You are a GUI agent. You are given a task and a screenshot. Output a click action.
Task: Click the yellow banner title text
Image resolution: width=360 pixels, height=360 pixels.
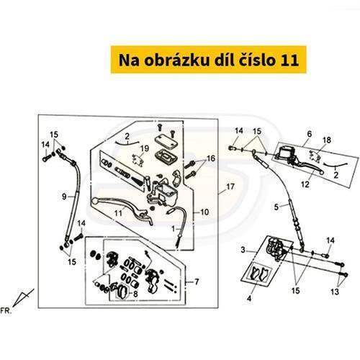tap(209, 60)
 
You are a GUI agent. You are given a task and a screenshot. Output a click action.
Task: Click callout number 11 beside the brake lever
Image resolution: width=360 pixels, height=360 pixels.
tap(118, 213)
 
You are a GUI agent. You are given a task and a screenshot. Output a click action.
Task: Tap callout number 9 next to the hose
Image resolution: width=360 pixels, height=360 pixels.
tap(64, 197)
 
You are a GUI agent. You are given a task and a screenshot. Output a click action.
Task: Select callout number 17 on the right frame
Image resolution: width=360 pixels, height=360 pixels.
tap(230, 186)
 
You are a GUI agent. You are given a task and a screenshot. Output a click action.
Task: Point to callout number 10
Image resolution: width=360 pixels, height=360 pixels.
tap(204, 212)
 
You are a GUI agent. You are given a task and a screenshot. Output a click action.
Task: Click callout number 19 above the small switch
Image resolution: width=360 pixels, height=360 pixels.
tap(145, 149)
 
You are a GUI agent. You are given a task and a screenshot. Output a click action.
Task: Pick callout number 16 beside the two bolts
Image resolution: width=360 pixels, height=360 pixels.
tap(211, 158)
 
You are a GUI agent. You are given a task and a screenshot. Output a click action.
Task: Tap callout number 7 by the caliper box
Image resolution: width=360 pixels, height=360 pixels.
tap(197, 282)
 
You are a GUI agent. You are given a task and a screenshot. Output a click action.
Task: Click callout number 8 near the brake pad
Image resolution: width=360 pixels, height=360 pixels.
tap(135, 294)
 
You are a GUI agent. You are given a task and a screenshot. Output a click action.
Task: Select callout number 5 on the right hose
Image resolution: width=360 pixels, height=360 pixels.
tap(276, 207)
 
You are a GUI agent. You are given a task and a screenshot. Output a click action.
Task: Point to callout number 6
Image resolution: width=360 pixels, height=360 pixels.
tap(310, 134)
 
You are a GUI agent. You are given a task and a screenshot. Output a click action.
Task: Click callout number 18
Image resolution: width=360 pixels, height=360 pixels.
tap(327, 140)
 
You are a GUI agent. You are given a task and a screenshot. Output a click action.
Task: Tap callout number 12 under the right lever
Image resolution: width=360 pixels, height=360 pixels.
tap(305, 184)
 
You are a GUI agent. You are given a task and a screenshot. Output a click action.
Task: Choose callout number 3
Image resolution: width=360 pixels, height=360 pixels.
tap(243, 250)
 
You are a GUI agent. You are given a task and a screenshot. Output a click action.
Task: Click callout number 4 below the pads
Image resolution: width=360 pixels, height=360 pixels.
tap(249, 299)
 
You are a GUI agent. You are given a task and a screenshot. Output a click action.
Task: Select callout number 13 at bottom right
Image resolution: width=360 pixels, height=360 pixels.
tap(335, 292)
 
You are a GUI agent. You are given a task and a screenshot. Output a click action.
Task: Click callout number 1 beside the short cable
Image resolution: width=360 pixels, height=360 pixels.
tap(174, 229)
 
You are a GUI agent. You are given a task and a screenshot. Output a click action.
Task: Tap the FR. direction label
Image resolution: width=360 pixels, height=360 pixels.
tap(6, 311)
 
